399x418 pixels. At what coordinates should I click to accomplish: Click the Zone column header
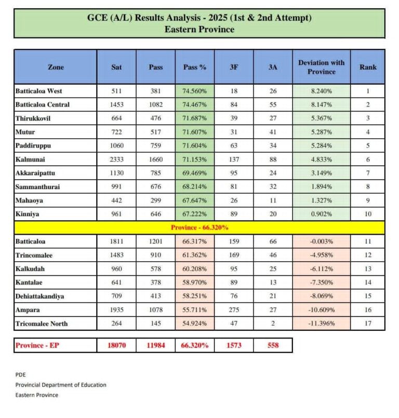pos(56,67)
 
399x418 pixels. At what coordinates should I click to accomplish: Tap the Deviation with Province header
pos(321,67)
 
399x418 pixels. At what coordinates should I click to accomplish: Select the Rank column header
pos(368,67)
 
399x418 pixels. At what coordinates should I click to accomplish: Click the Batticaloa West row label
pos(39,91)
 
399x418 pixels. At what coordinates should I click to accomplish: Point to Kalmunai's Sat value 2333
pos(116,158)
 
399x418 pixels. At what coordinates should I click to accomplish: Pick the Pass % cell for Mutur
pos(195,131)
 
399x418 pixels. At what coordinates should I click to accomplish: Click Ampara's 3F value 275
pos(234,311)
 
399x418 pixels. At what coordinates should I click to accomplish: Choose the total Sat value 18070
pos(116,345)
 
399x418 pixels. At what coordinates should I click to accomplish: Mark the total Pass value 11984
pos(156,345)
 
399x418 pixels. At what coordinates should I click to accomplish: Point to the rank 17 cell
pos(368,324)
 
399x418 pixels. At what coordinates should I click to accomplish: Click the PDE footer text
pos(20,374)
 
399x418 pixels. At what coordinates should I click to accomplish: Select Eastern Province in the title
pos(199,30)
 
